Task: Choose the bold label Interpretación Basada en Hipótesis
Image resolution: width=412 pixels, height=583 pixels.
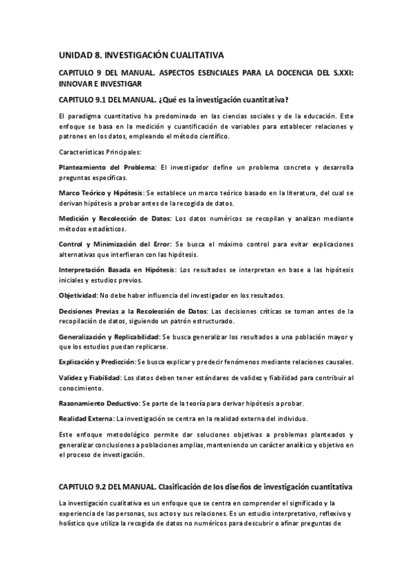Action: click(x=117, y=269)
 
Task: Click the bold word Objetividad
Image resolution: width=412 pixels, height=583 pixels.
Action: click(x=78, y=295)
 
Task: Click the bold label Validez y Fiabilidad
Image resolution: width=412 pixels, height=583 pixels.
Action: click(x=89, y=378)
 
